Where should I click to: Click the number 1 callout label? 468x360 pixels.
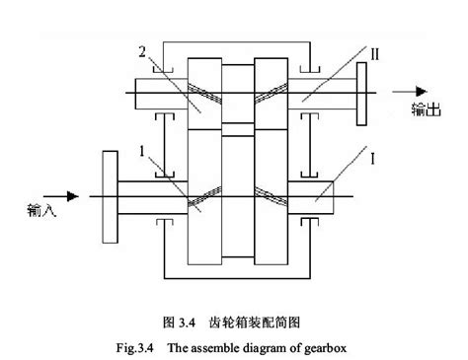[145, 153]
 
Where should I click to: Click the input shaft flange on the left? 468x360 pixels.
[108, 196]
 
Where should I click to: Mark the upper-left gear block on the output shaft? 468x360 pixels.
[204, 94]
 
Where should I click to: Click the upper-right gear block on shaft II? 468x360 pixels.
[271, 94]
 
